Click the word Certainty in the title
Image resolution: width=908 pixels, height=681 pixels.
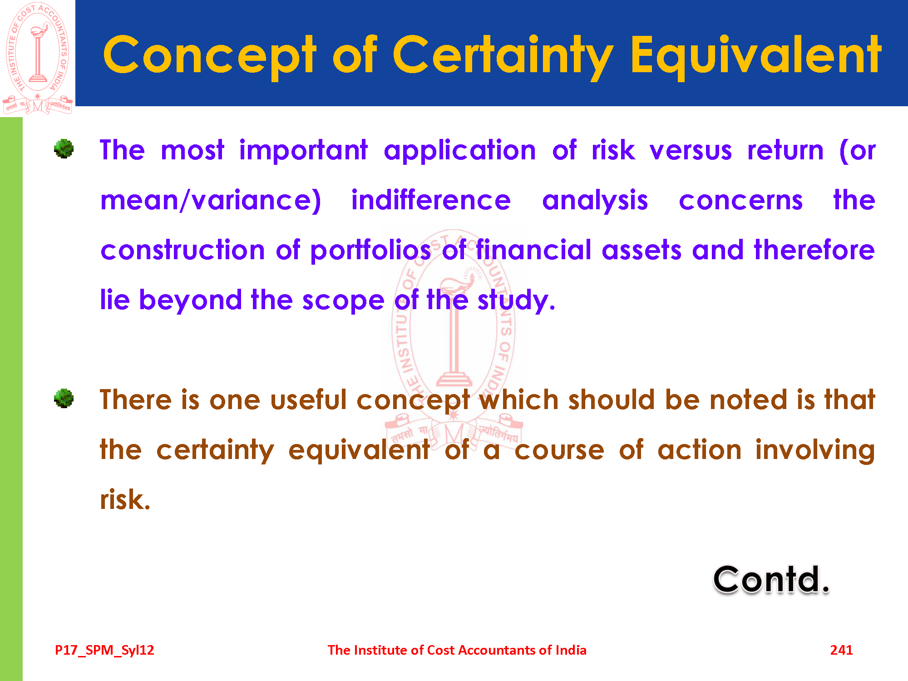503,56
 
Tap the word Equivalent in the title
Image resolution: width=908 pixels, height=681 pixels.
755,56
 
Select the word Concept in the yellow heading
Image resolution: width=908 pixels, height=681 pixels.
209,56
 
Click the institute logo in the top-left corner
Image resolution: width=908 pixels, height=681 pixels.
38,58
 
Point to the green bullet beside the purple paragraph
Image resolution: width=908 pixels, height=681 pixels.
64,148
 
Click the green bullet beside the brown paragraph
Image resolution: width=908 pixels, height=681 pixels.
64,398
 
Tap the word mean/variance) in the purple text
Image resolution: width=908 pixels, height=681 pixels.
211,201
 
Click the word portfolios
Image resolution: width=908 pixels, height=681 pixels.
370,251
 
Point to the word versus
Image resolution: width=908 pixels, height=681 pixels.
691,151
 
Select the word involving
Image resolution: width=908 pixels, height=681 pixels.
815,450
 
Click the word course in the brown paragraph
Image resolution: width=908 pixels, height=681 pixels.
559,451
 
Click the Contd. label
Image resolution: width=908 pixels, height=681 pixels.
771,580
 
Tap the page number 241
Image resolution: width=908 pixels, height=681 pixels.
841,650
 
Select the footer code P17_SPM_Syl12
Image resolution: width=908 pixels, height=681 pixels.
104,651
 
